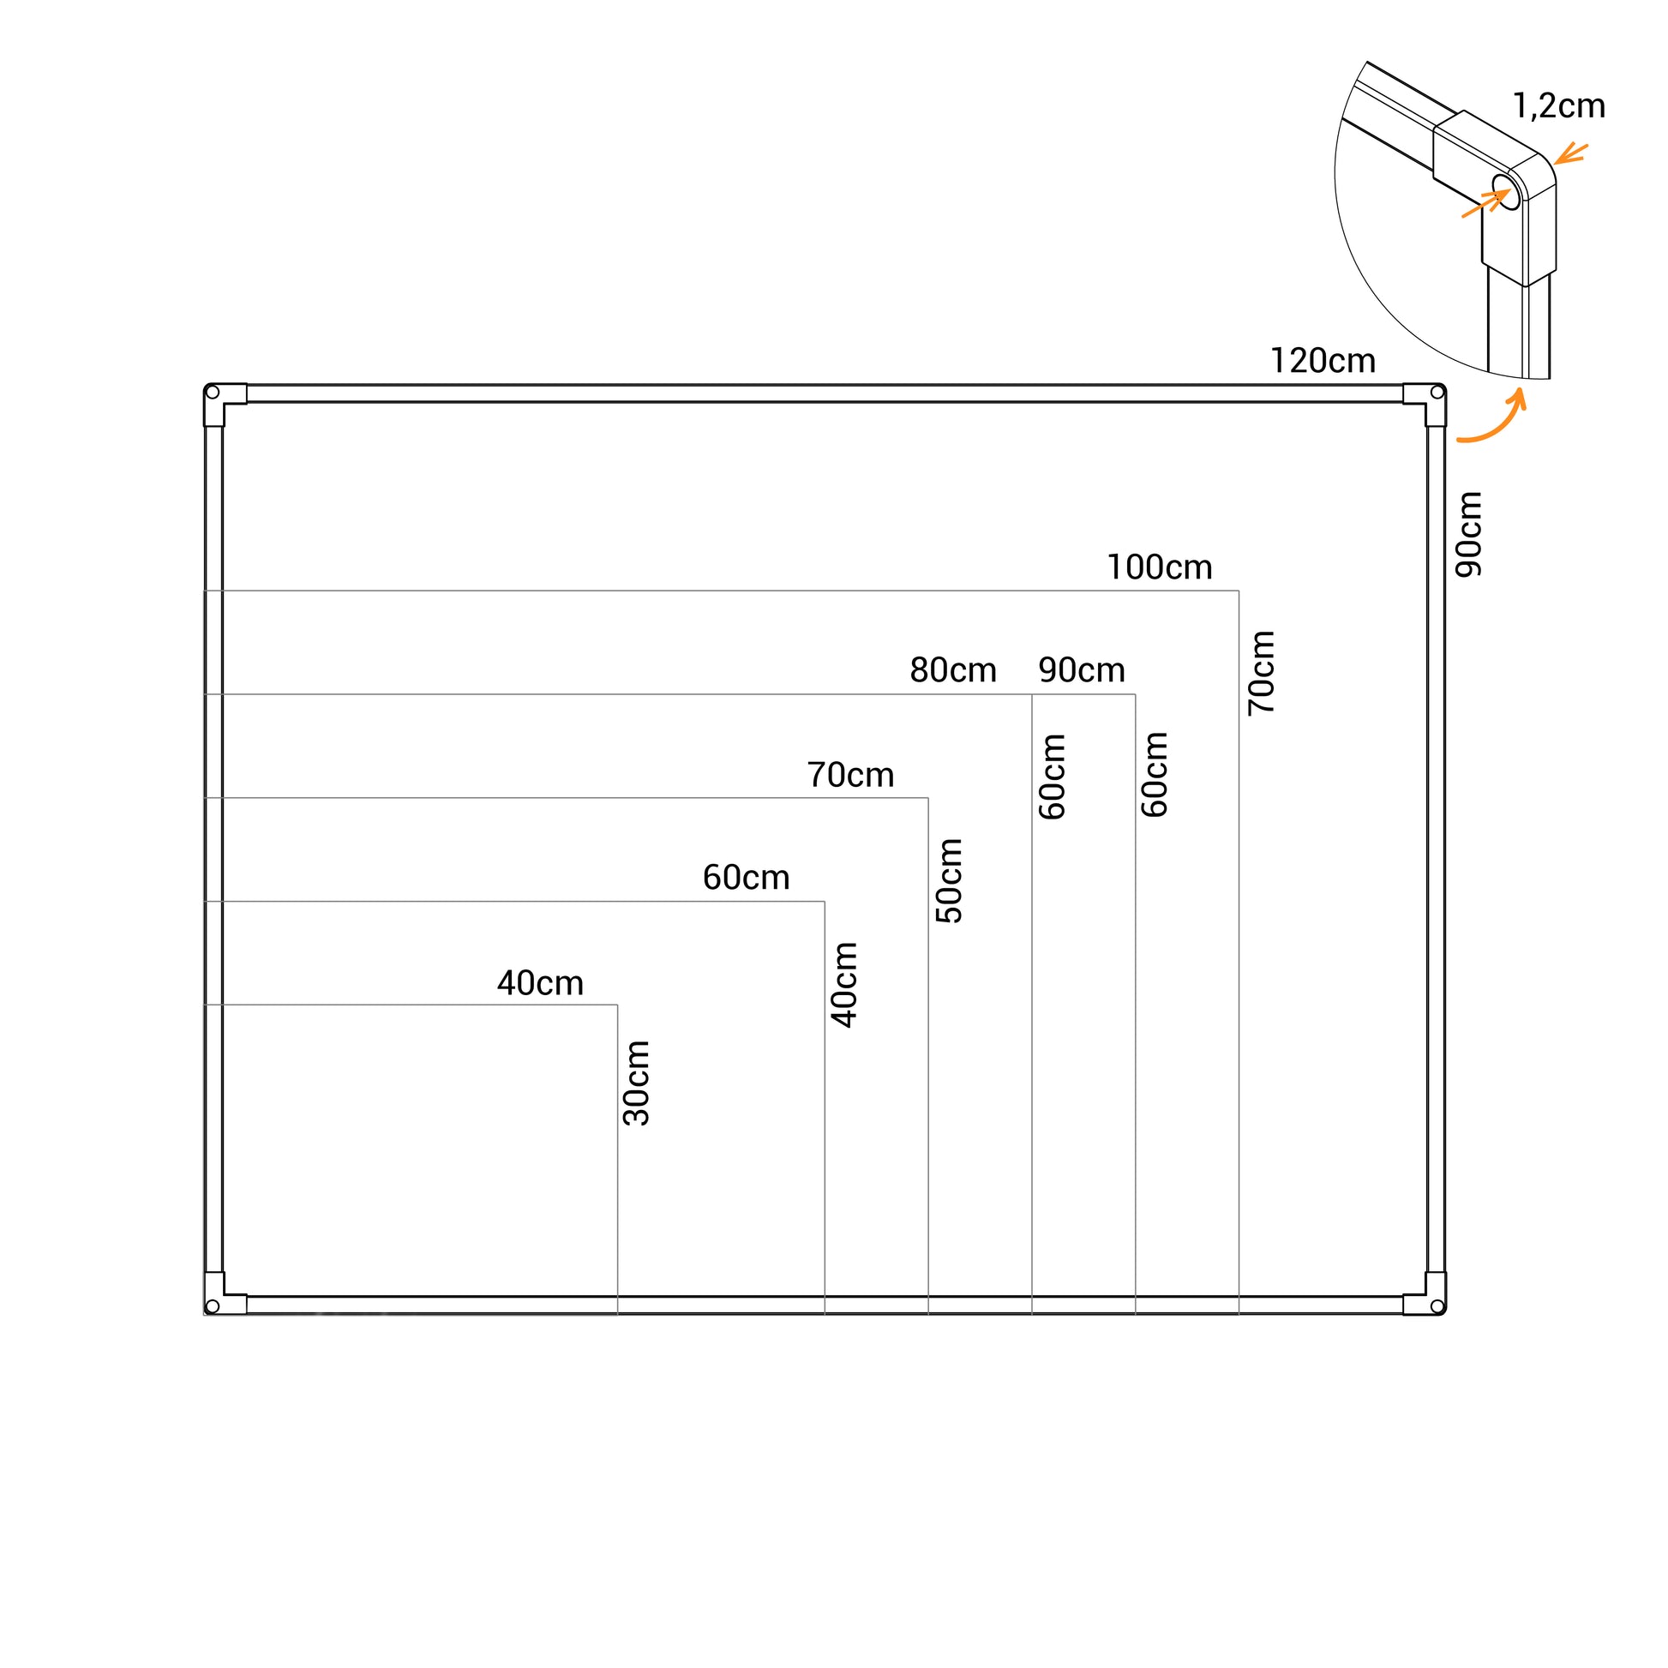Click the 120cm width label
point(1323,361)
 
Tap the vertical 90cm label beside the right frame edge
point(1468,534)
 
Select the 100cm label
point(1160,567)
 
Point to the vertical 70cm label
point(1262,674)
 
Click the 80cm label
point(953,670)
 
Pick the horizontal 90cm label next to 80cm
point(1082,670)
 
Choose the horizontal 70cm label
point(850,775)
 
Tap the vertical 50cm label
point(949,880)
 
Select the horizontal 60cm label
point(746,878)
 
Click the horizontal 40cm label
point(541,983)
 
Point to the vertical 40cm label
point(844,985)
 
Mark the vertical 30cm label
point(636,1083)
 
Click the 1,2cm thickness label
point(1559,105)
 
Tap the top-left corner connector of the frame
point(220,400)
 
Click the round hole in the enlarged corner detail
point(1507,192)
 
